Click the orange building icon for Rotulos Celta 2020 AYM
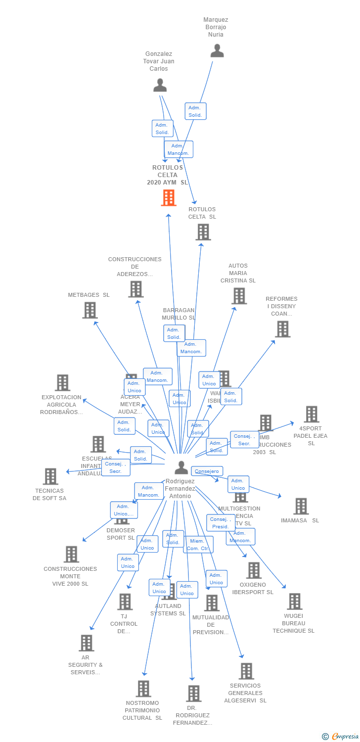click(x=169, y=198)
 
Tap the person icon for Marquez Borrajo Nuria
click(x=217, y=50)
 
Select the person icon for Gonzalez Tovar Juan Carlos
click(x=160, y=85)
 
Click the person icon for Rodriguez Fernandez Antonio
click(x=181, y=467)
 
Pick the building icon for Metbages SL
click(x=90, y=310)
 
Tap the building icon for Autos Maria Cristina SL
click(x=239, y=296)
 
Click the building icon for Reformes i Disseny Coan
click(x=282, y=329)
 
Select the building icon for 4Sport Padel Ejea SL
click(x=311, y=415)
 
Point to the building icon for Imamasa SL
click(x=301, y=506)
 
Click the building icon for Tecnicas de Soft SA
click(x=50, y=476)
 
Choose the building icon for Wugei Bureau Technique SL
click(x=294, y=602)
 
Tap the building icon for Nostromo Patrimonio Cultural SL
click(x=143, y=689)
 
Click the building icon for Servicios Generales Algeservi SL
click(x=246, y=671)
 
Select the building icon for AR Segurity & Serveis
click(x=86, y=643)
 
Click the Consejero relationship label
click(x=207, y=471)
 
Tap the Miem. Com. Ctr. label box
click(x=198, y=545)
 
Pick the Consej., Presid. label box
click(x=221, y=523)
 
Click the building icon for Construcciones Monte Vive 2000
click(x=71, y=554)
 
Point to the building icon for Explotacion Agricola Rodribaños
click(x=62, y=382)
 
